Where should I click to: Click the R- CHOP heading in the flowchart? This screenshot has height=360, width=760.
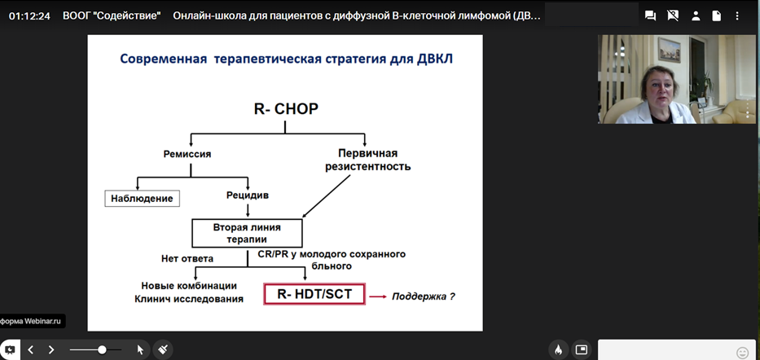[286, 109]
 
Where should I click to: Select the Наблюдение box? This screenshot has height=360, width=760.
[142, 199]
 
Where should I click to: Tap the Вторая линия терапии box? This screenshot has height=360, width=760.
[247, 233]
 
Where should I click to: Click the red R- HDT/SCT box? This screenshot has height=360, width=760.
[314, 294]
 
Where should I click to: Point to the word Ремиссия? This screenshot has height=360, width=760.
[187, 155]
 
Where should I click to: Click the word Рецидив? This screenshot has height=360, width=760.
[247, 195]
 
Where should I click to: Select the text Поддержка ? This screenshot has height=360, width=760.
[424, 296]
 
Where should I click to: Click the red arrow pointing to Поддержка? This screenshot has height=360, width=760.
[378, 296]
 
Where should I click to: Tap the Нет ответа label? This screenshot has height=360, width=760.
[187, 259]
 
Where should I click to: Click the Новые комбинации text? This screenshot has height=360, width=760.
[189, 286]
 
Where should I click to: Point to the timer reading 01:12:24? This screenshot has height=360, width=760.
[29, 16]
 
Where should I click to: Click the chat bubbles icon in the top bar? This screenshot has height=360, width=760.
[651, 15]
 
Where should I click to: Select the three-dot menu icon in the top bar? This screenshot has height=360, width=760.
[737, 15]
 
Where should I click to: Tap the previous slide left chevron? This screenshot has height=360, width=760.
[30, 349]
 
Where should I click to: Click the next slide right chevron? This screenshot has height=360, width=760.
[51, 349]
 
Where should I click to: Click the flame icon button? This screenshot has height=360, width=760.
[558, 349]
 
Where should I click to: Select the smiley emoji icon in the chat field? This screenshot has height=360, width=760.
[742, 352]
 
